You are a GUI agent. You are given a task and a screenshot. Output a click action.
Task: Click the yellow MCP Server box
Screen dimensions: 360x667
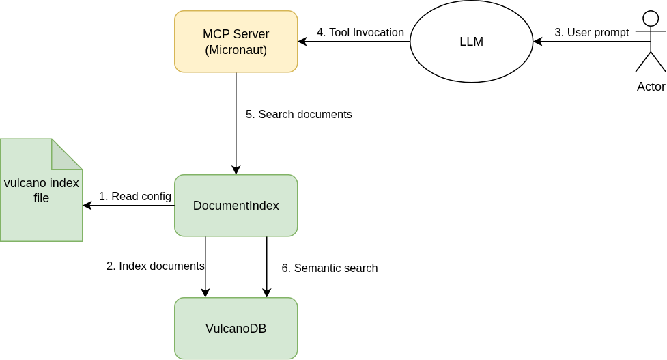pos(236,41)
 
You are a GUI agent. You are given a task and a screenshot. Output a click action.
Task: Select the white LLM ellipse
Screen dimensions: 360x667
pos(471,42)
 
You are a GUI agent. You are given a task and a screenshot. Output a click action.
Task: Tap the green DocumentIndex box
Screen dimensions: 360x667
pos(236,206)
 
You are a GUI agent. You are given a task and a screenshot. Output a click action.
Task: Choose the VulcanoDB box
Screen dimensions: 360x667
pos(236,328)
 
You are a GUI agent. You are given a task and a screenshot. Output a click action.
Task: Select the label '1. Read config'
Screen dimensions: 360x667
pos(135,197)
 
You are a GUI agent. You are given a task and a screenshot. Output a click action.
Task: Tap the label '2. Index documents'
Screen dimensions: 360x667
pos(156,266)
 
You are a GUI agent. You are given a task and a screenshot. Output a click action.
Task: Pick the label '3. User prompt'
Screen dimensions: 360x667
pos(591,32)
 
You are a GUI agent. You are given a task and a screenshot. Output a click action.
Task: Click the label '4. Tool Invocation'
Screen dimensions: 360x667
pos(360,32)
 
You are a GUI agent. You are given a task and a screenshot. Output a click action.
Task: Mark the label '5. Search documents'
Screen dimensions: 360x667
pos(299,114)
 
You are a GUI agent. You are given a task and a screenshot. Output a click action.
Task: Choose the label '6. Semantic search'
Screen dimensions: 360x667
pos(330,268)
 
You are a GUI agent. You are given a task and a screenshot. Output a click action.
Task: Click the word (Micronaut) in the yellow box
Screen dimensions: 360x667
pos(236,49)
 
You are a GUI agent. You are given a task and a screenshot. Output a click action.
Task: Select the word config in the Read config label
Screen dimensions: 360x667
pos(156,197)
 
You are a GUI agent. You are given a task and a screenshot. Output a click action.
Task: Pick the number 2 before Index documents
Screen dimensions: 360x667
pos(110,266)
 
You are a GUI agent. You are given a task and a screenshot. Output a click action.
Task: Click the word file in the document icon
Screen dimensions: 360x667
pos(41,198)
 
